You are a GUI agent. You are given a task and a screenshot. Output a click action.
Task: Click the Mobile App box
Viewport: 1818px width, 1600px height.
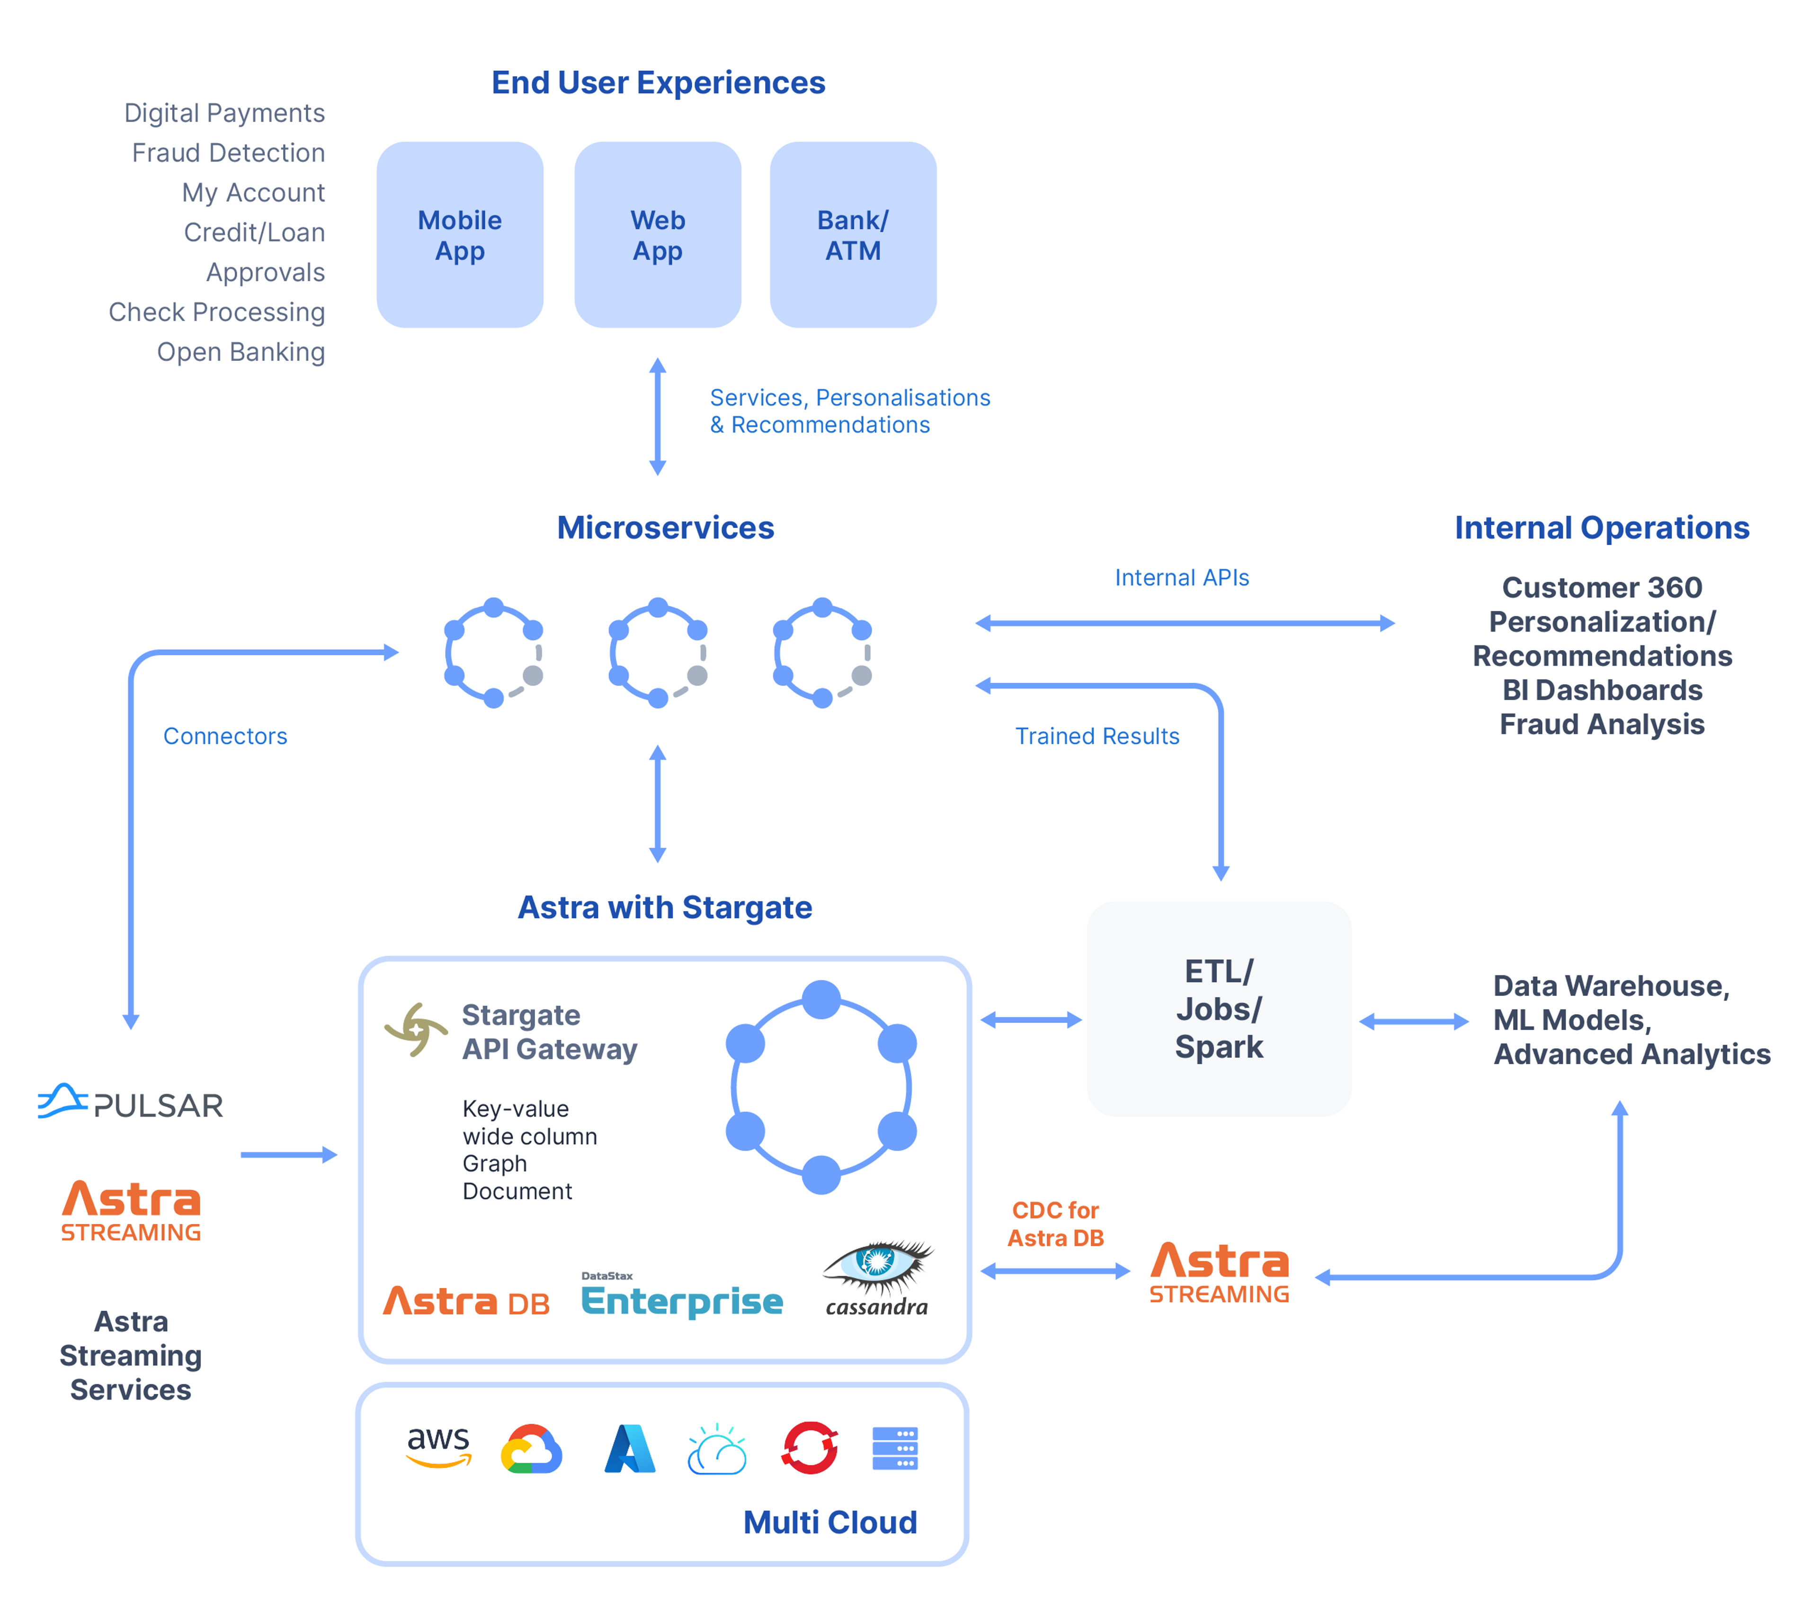click(x=460, y=235)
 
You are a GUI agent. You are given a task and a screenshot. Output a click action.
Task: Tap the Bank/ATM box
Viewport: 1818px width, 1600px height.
click(x=853, y=235)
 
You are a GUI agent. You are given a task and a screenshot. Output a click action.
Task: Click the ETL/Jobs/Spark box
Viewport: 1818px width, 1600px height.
click(x=1219, y=1009)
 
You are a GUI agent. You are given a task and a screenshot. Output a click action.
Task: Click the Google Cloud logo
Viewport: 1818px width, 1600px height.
click(x=531, y=1450)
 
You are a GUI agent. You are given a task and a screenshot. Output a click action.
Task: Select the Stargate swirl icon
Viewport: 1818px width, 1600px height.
click(x=415, y=1030)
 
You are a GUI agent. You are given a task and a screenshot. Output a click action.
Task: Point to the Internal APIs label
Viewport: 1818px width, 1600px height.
click(x=1181, y=578)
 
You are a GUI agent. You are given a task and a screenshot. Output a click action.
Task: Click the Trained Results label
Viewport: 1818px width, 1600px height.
click(x=1096, y=736)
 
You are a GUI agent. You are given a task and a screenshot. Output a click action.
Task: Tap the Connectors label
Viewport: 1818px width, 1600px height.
click(x=225, y=736)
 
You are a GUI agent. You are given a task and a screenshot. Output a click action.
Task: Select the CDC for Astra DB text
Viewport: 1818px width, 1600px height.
click(x=1056, y=1224)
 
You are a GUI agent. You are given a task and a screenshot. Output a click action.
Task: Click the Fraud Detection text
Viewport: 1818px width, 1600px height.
click(x=229, y=153)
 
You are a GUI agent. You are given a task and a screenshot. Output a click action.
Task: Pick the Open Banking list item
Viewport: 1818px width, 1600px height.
click(x=241, y=352)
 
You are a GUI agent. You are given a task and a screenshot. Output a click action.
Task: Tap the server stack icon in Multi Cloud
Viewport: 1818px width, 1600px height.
click(x=895, y=1449)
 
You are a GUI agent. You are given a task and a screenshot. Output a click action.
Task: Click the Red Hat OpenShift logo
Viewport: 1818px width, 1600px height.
click(x=810, y=1448)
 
